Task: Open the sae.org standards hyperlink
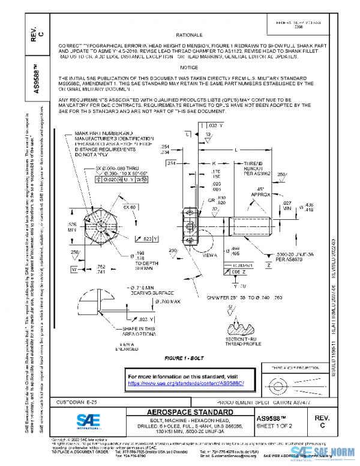pyautogui.click(x=187, y=383)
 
